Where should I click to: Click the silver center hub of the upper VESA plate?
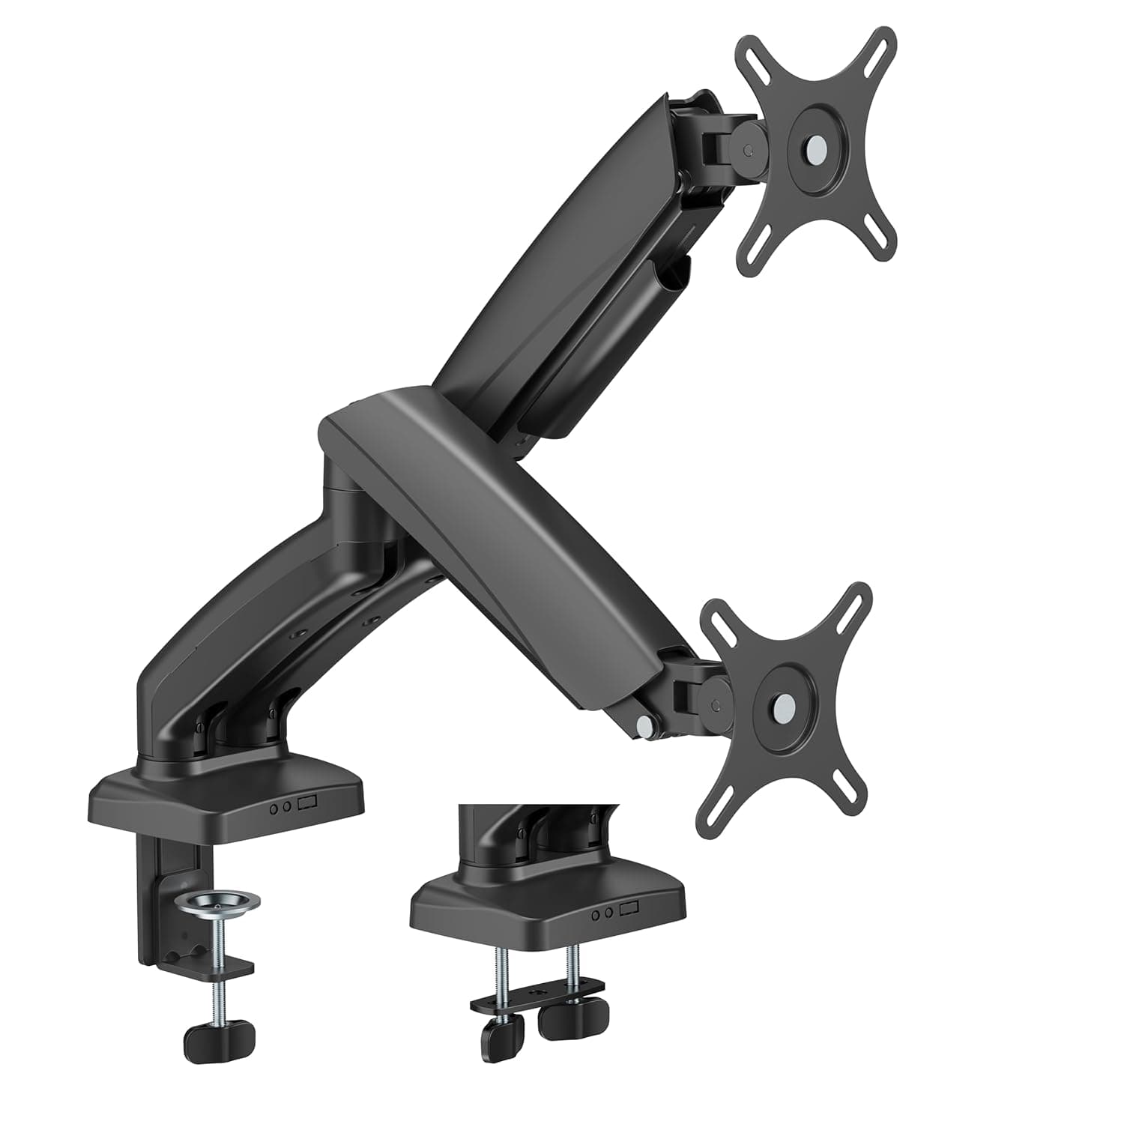tap(815, 148)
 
